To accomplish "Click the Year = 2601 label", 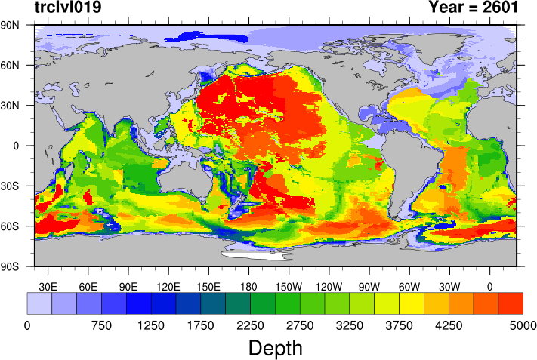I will (x=473, y=8).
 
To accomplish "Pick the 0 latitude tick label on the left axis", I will (x=18, y=146).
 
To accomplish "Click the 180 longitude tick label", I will (x=248, y=287).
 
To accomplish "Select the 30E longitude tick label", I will (x=48, y=287).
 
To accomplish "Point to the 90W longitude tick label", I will (x=369, y=287).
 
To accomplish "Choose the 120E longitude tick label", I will (x=168, y=287).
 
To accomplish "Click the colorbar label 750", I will (x=101, y=325).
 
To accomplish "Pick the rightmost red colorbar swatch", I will (x=511, y=303).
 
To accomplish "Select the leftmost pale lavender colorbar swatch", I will (x=39, y=303).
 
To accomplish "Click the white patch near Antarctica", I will (x=253, y=255).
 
